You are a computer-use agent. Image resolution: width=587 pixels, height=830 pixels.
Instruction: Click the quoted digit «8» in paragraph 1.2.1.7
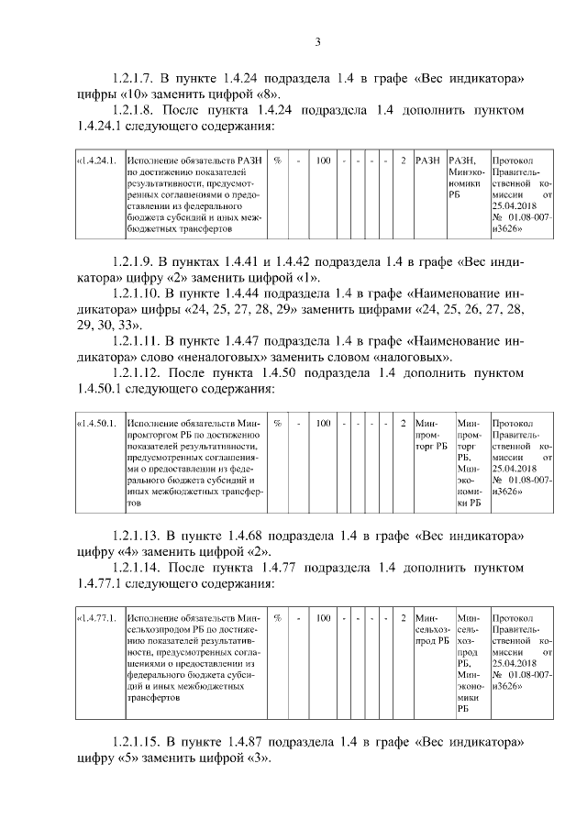[x=276, y=94]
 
